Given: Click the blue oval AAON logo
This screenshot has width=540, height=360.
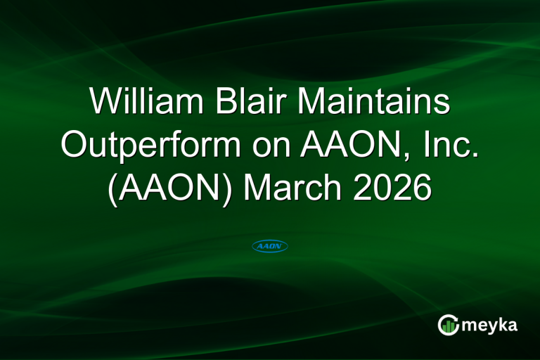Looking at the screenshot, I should (270, 246).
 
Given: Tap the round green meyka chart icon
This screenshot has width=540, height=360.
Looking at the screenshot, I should (448, 325).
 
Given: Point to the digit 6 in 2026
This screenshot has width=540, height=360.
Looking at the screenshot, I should (420, 188).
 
